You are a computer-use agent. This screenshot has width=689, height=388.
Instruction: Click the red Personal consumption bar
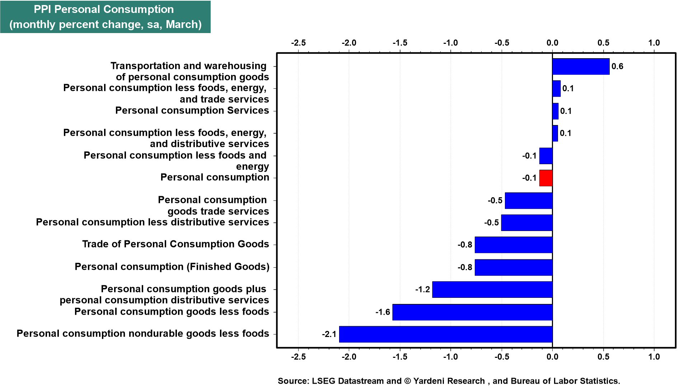click(546, 178)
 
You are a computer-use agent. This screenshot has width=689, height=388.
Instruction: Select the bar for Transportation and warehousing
click(581, 66)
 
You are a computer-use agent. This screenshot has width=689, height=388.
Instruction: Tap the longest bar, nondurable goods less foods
click(446, 334)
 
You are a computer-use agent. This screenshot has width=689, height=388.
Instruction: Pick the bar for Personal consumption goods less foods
click(472, 312)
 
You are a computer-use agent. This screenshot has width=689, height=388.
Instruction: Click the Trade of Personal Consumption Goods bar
click(514, 245)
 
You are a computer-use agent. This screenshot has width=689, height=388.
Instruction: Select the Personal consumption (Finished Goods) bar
click(514, 267)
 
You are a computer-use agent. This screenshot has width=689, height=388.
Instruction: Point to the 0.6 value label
click(617, 66)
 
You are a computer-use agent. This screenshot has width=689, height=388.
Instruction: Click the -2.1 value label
click(329, 334)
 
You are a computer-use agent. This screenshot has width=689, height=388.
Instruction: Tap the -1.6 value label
click(383, 312)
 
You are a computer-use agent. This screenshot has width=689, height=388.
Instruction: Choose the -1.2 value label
click(422, 290)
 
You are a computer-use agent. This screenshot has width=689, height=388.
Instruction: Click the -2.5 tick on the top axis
click(298, 43)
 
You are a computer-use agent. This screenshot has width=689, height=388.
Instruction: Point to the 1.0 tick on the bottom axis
click(654, 357)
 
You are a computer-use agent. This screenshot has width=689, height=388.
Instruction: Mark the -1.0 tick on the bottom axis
click(450, 357)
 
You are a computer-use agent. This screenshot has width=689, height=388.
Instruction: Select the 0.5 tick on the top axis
click(603, 43)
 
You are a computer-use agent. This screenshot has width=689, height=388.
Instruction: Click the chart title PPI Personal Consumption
click(104, 9)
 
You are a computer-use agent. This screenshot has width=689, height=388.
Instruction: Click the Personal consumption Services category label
click(192, 111)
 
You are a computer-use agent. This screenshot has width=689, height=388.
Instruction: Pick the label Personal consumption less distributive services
click(153, 222)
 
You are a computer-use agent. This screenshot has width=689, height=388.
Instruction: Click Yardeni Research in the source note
click(449, 381)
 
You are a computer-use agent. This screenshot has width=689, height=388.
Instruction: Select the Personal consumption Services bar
click(555, 111)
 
